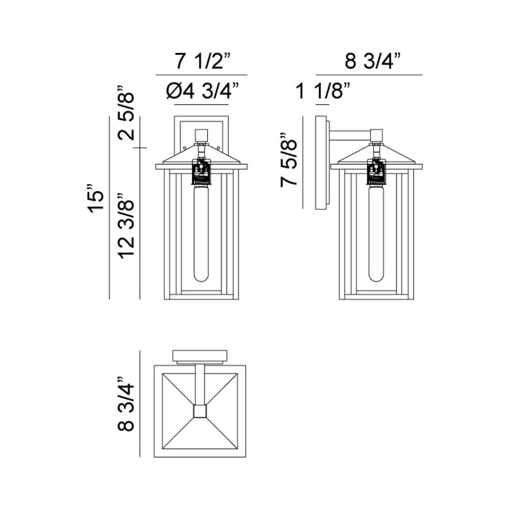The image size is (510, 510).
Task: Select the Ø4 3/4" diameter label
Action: pos(202,92)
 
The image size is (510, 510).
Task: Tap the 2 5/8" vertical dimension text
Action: pos(126,113)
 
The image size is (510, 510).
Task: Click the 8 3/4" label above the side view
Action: pos(369,61)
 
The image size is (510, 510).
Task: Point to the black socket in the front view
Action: pos(201,171)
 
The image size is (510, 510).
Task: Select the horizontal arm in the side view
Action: pos(351,135)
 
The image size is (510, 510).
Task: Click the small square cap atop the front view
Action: pos(201,134)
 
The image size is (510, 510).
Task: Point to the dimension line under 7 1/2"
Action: pos(201,74)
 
